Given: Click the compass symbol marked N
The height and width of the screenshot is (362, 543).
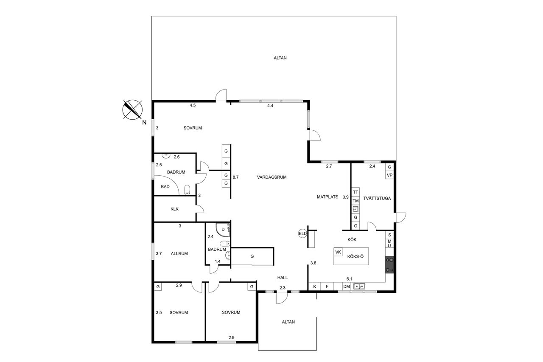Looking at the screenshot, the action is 132,110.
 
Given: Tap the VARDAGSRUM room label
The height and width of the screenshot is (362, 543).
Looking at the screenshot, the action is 272,177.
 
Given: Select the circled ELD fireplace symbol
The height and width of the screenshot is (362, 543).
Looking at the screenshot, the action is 302,234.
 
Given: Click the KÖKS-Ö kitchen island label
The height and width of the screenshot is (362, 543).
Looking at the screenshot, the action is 355,256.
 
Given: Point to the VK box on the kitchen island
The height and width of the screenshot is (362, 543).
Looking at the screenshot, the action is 338,252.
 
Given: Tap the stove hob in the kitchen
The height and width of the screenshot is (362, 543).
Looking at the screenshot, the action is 389,265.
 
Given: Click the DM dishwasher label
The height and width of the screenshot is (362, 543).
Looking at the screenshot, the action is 347,286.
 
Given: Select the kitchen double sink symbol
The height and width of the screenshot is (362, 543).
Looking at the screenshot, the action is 359,286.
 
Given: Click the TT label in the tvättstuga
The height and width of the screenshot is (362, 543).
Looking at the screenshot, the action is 355,192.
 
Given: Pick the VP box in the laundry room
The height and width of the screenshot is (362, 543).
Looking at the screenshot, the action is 389,175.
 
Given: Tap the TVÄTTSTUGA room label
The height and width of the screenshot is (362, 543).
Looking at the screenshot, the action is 377,198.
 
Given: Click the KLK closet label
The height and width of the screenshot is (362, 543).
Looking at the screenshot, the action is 174,209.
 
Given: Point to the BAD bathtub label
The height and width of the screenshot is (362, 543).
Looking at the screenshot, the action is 165,187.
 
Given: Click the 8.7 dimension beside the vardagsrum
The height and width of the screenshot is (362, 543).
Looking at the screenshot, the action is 235,177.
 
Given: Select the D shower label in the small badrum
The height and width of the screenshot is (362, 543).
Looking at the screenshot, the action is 223,229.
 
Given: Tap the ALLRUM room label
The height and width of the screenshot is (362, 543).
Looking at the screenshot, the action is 179,254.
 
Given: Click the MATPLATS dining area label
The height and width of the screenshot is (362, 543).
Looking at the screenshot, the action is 327,197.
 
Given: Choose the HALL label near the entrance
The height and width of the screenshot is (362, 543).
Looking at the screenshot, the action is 283,278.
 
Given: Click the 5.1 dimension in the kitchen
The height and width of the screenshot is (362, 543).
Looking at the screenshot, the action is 349,279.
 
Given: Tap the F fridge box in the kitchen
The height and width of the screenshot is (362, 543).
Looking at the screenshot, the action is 327,286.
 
